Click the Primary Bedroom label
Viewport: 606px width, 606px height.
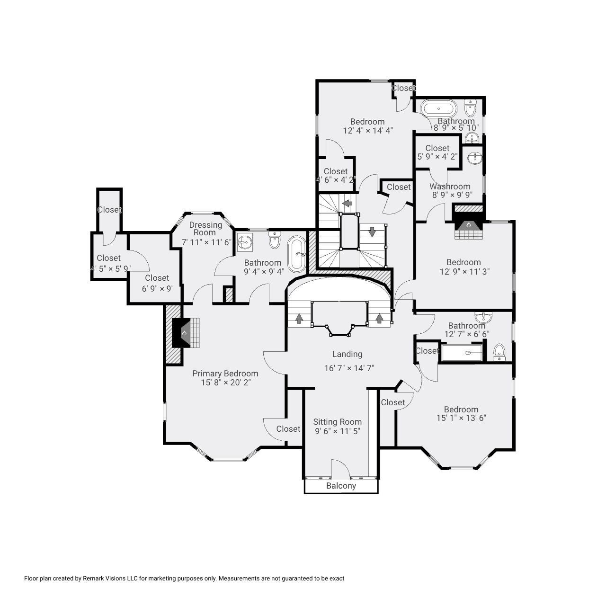225,374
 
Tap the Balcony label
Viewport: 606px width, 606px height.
341,486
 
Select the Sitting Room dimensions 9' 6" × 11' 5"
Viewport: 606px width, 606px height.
337,431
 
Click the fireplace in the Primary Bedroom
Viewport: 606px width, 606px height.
185,333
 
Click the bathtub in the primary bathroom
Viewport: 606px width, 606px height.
297,254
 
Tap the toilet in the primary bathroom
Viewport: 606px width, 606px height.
275,241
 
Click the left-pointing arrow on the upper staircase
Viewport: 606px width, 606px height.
348,204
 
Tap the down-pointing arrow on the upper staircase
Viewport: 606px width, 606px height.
372,232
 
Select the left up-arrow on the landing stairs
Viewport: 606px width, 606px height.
299,319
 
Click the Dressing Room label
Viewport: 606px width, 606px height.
205,229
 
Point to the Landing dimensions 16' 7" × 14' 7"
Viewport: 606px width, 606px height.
349,368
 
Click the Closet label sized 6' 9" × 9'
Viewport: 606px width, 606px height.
157,278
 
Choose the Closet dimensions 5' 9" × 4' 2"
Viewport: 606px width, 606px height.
437,157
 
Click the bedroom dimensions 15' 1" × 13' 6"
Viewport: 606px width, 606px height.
461,418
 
